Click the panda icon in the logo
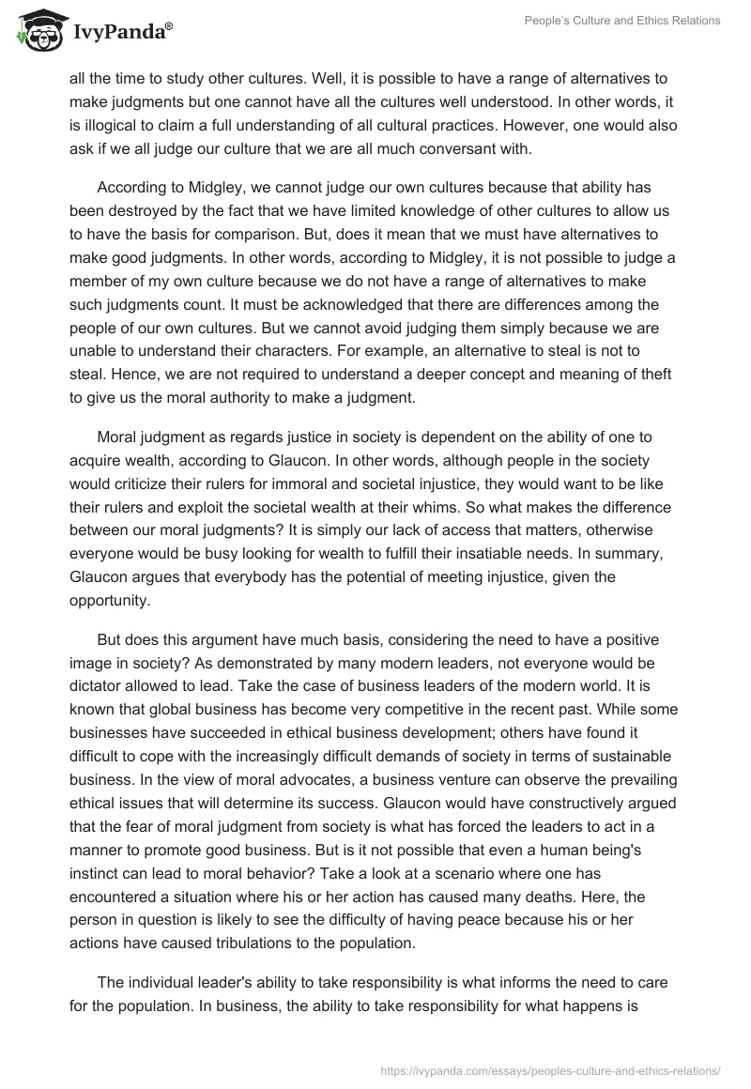pos(38,31)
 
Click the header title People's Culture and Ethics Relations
pos(621,22)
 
